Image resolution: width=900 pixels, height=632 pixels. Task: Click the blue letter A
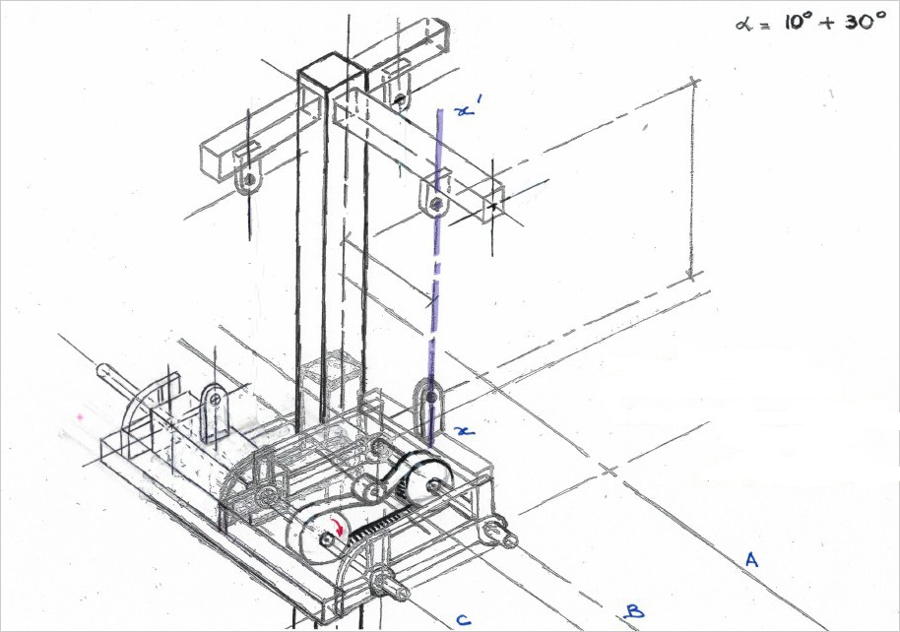751,560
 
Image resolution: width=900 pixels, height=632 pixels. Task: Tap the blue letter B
634,611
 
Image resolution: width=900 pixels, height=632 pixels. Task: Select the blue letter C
461,619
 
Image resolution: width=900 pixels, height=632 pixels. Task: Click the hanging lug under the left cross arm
249,176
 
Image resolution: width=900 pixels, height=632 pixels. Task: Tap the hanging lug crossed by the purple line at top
433,198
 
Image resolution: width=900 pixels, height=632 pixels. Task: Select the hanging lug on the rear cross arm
398,95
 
